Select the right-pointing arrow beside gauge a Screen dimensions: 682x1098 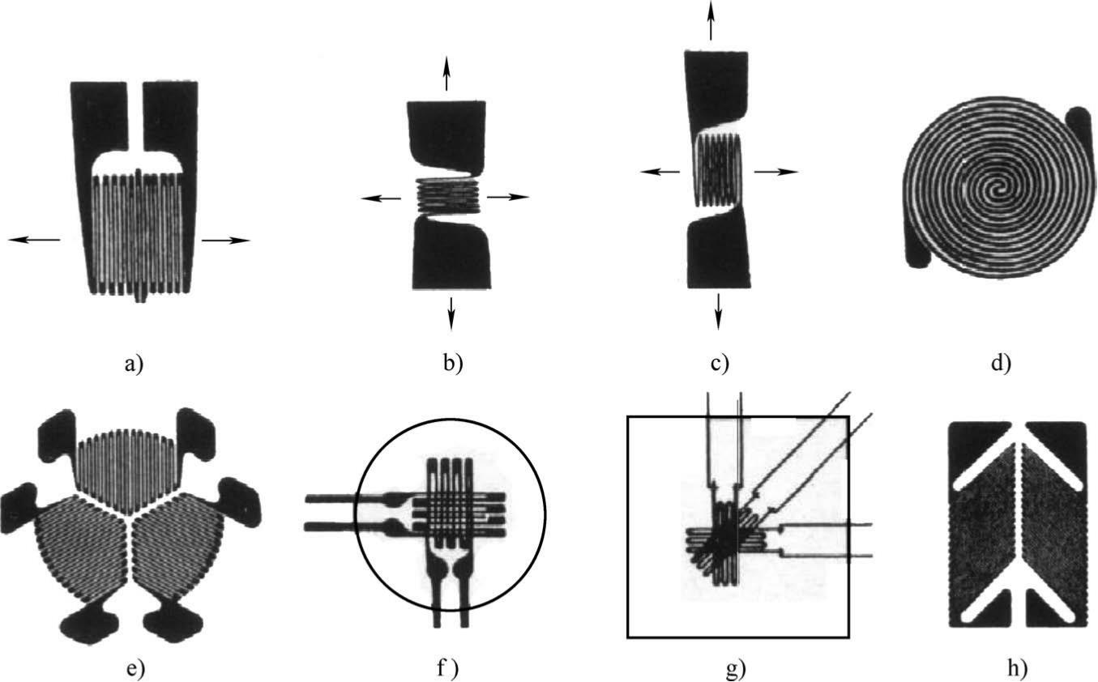[x=226, y=240]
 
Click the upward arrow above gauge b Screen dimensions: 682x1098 [x=446, y=74]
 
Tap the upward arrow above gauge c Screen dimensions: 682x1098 [x=711, y=19]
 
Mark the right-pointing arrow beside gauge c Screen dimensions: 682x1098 [x=775, y=172]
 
